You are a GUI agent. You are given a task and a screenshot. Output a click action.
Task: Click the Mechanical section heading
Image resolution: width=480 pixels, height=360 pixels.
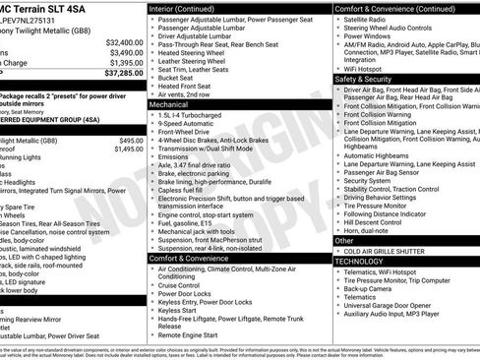pyautogui.click(x=170, y=102)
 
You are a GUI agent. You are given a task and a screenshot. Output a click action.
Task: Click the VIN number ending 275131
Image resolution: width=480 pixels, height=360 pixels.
pyautogui.click(x=34, y=18)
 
